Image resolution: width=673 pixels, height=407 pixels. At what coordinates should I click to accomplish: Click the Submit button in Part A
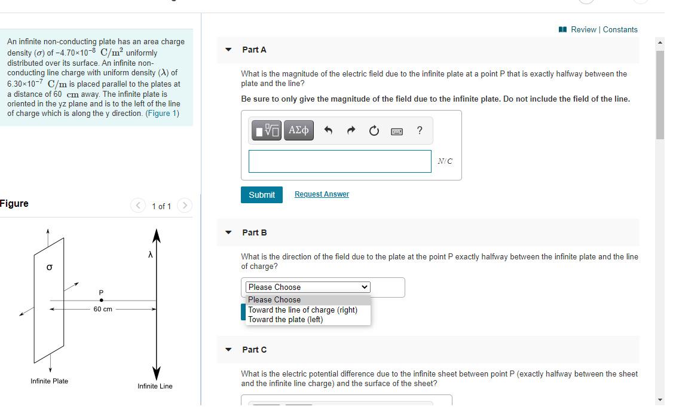(262, 195)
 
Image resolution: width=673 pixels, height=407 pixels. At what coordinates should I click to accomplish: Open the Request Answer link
(322, 194)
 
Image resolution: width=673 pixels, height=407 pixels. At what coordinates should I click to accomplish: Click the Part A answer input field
(339, 161)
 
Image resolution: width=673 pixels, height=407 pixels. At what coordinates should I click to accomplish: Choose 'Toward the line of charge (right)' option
(302, 310)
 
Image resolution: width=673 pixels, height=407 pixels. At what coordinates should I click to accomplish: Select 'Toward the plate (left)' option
(285, 319)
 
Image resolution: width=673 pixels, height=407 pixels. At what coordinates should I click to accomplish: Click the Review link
(583, 29)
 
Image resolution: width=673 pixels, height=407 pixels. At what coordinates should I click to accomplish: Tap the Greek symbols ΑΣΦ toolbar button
(298, 130)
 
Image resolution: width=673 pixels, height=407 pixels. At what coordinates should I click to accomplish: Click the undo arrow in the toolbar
(328, 130)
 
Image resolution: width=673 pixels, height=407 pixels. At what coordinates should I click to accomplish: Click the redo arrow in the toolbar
(351, 130)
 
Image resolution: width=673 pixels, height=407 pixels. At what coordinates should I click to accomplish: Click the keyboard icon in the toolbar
(396, 131)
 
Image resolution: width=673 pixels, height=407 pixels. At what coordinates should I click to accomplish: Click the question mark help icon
(420, 130)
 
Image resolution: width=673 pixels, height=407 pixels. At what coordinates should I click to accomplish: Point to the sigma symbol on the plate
(49, 268)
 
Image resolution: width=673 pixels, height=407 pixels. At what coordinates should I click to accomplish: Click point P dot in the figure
(101, 300)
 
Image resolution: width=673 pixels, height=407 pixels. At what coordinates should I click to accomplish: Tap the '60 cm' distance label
(103, 309)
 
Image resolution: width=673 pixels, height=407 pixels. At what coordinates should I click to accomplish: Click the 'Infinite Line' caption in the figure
(155, 386)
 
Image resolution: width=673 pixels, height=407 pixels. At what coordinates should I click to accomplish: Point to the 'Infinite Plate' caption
(49, 381)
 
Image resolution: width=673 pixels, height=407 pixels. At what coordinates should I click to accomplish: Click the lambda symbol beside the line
(150, 255)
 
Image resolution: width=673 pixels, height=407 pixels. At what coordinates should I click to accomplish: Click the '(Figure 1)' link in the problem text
(162, 114)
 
